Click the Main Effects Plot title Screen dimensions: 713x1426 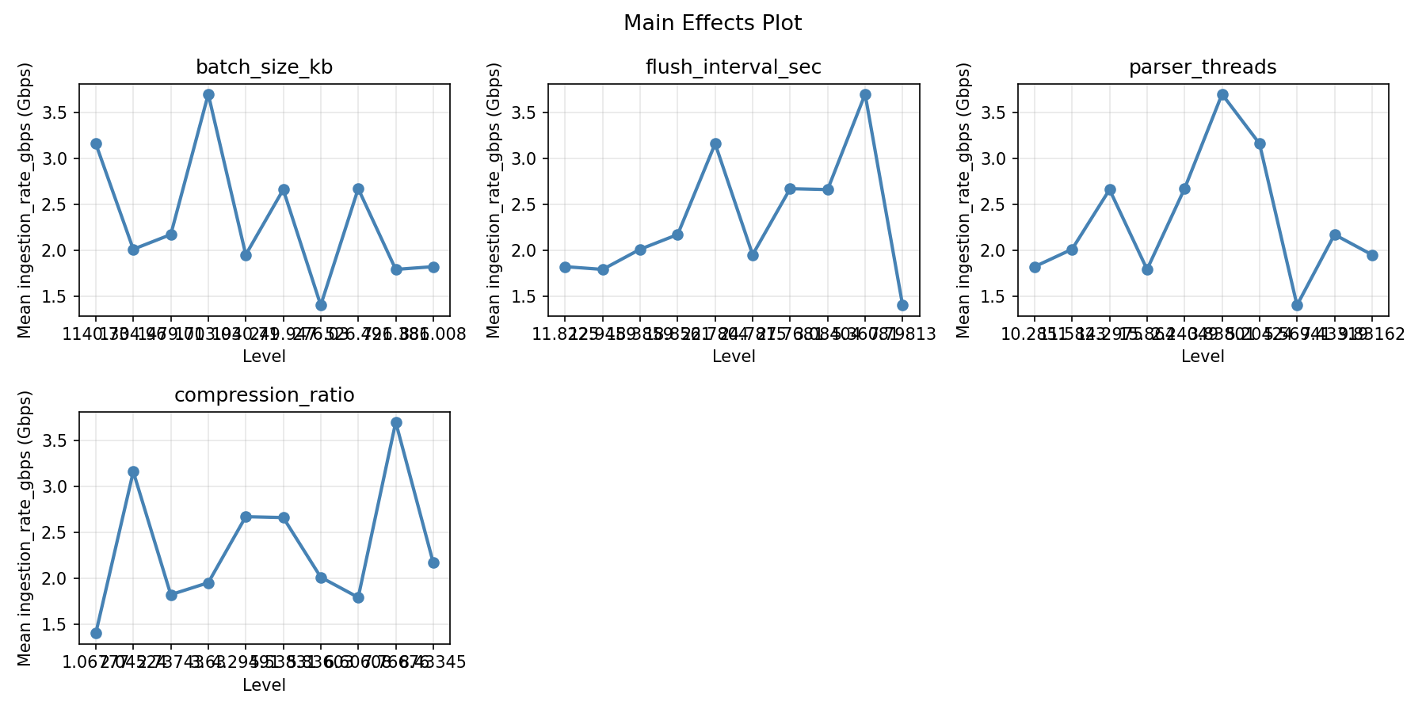point(712,24)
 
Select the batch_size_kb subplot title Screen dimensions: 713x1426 point(264,68)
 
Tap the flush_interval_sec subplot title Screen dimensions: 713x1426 point(733,68)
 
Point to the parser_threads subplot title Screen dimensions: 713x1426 point(1203,68)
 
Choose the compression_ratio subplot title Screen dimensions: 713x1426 point(264,396)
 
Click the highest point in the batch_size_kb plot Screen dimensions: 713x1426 point(208,94)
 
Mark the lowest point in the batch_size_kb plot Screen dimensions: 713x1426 point(321,305)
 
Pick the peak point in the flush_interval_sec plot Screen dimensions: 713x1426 point(865,94)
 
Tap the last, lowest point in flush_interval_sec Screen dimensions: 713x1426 point(902,305)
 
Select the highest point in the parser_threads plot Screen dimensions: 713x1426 point(1222,94)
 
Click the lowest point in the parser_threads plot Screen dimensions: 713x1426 point(1297,305)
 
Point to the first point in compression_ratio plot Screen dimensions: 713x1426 point(96,633)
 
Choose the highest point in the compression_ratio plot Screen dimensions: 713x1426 point(396,422)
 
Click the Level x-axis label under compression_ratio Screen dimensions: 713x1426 point(264,685)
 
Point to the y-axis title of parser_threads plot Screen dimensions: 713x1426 point(963,200)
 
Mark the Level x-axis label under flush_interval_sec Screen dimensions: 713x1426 point(733,357)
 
